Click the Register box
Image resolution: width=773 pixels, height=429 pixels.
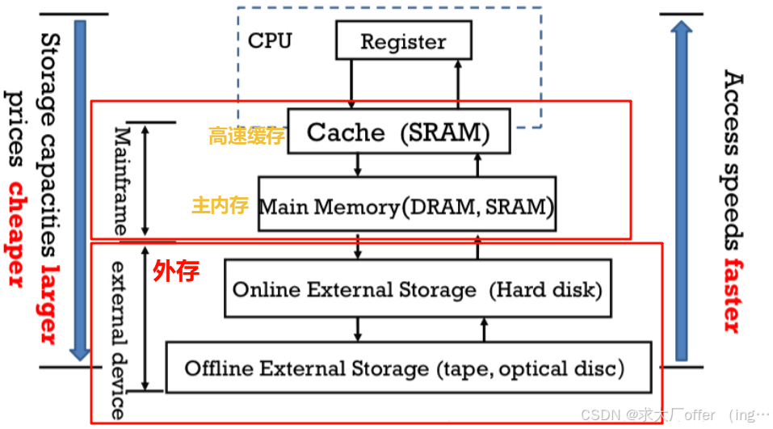(x=402, y=40)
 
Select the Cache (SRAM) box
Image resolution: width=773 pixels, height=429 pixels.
(x=398, y=132)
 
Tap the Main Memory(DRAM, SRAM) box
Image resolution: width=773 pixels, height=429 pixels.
(x=406, y=207)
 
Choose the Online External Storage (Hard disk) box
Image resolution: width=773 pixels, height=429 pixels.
(x=417, y=289)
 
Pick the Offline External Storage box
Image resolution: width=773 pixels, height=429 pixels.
(x=408, y=368)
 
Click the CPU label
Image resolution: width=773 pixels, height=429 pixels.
(x=270, y=40)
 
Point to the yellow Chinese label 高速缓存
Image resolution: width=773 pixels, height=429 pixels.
(x=246, y=136)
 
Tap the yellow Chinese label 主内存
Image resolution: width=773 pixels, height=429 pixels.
(x=220, y=205)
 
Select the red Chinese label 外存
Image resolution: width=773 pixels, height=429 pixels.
(x=176, y=271)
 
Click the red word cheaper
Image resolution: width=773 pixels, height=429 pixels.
(x=15, y=234)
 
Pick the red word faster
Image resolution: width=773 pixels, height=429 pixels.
(x=732, y=295)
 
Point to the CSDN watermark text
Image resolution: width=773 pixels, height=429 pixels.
(x=674, y=414)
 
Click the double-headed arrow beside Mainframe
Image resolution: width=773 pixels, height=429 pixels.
(x=146, y=179)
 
